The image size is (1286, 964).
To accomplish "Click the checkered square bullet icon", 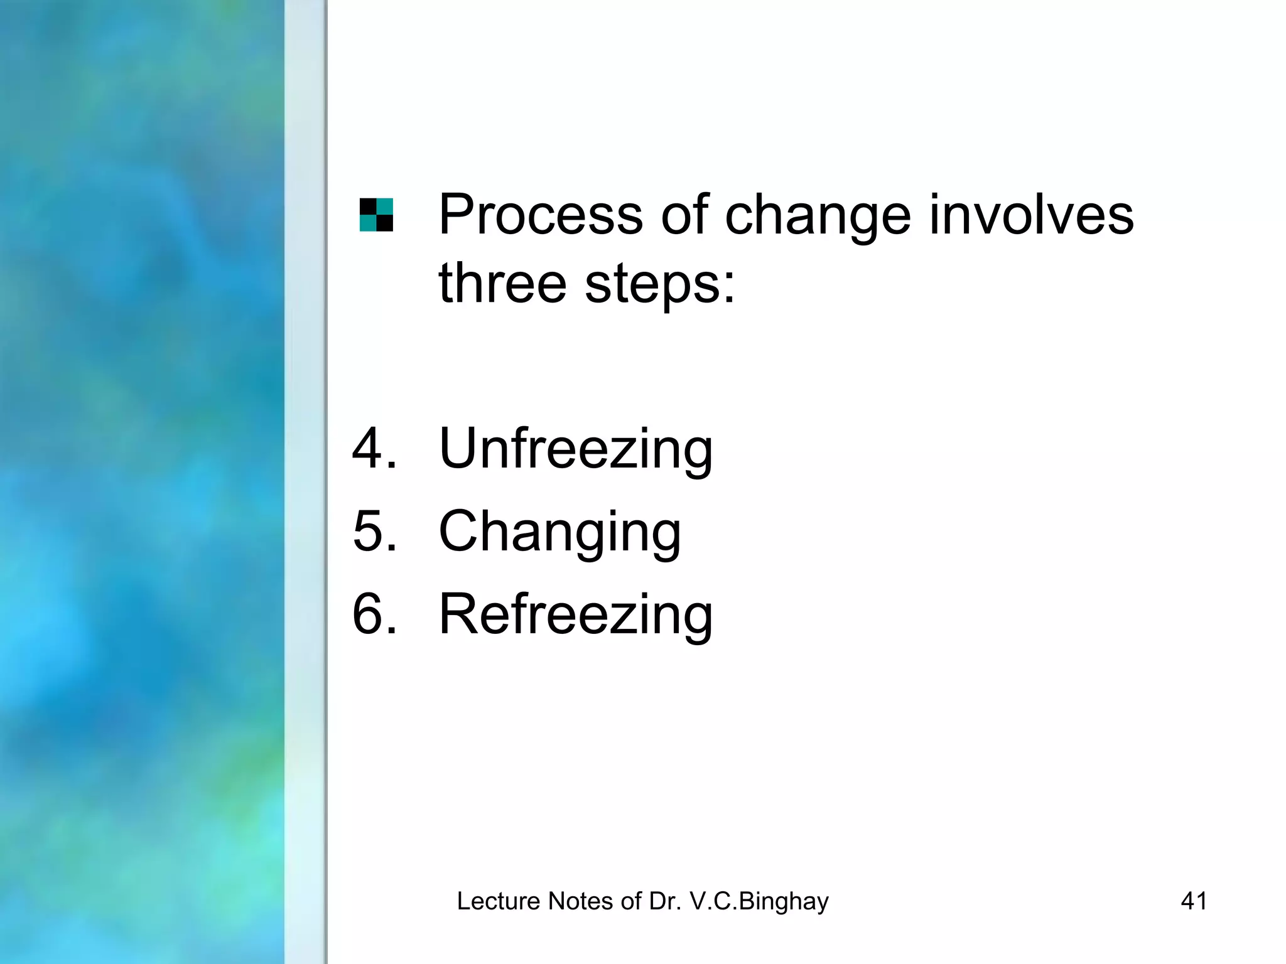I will click(x=376, y=215).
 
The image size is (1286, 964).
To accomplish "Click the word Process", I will click(x=541, y=215).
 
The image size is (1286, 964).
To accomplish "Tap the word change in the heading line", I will click(x=818, y=215).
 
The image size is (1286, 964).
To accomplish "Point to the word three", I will click(x=502, y=283).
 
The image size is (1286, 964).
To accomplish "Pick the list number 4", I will click(x=374, y=448).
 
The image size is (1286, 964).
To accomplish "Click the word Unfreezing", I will click(x=576, y=448).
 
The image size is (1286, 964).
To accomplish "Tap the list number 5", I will click(x=374, y=531).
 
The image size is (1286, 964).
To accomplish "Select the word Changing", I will click(x=559, y=531).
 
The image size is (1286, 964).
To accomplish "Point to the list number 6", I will click(x=374, y=614).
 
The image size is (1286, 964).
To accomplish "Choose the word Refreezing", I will click(x=576, y=614).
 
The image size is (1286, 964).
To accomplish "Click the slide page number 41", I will click(x=1194, y=901).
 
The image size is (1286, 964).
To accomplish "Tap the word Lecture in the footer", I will click(x=499, y=901).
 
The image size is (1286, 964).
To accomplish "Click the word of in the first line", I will click(x=684, y=215).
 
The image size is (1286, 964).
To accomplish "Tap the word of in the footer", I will click(x=631, y=901).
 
